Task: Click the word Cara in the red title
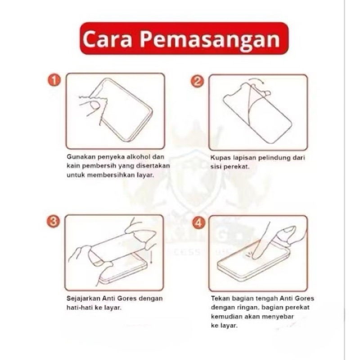pos(108,39)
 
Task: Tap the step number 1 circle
pos(54,81)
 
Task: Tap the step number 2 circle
pos(197,81)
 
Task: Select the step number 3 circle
pos(53,222)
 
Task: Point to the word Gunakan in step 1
pos(81,157)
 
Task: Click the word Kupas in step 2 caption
pos(220,158)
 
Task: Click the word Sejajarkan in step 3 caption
pos(83,299)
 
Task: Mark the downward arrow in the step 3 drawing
pos(151,257)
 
